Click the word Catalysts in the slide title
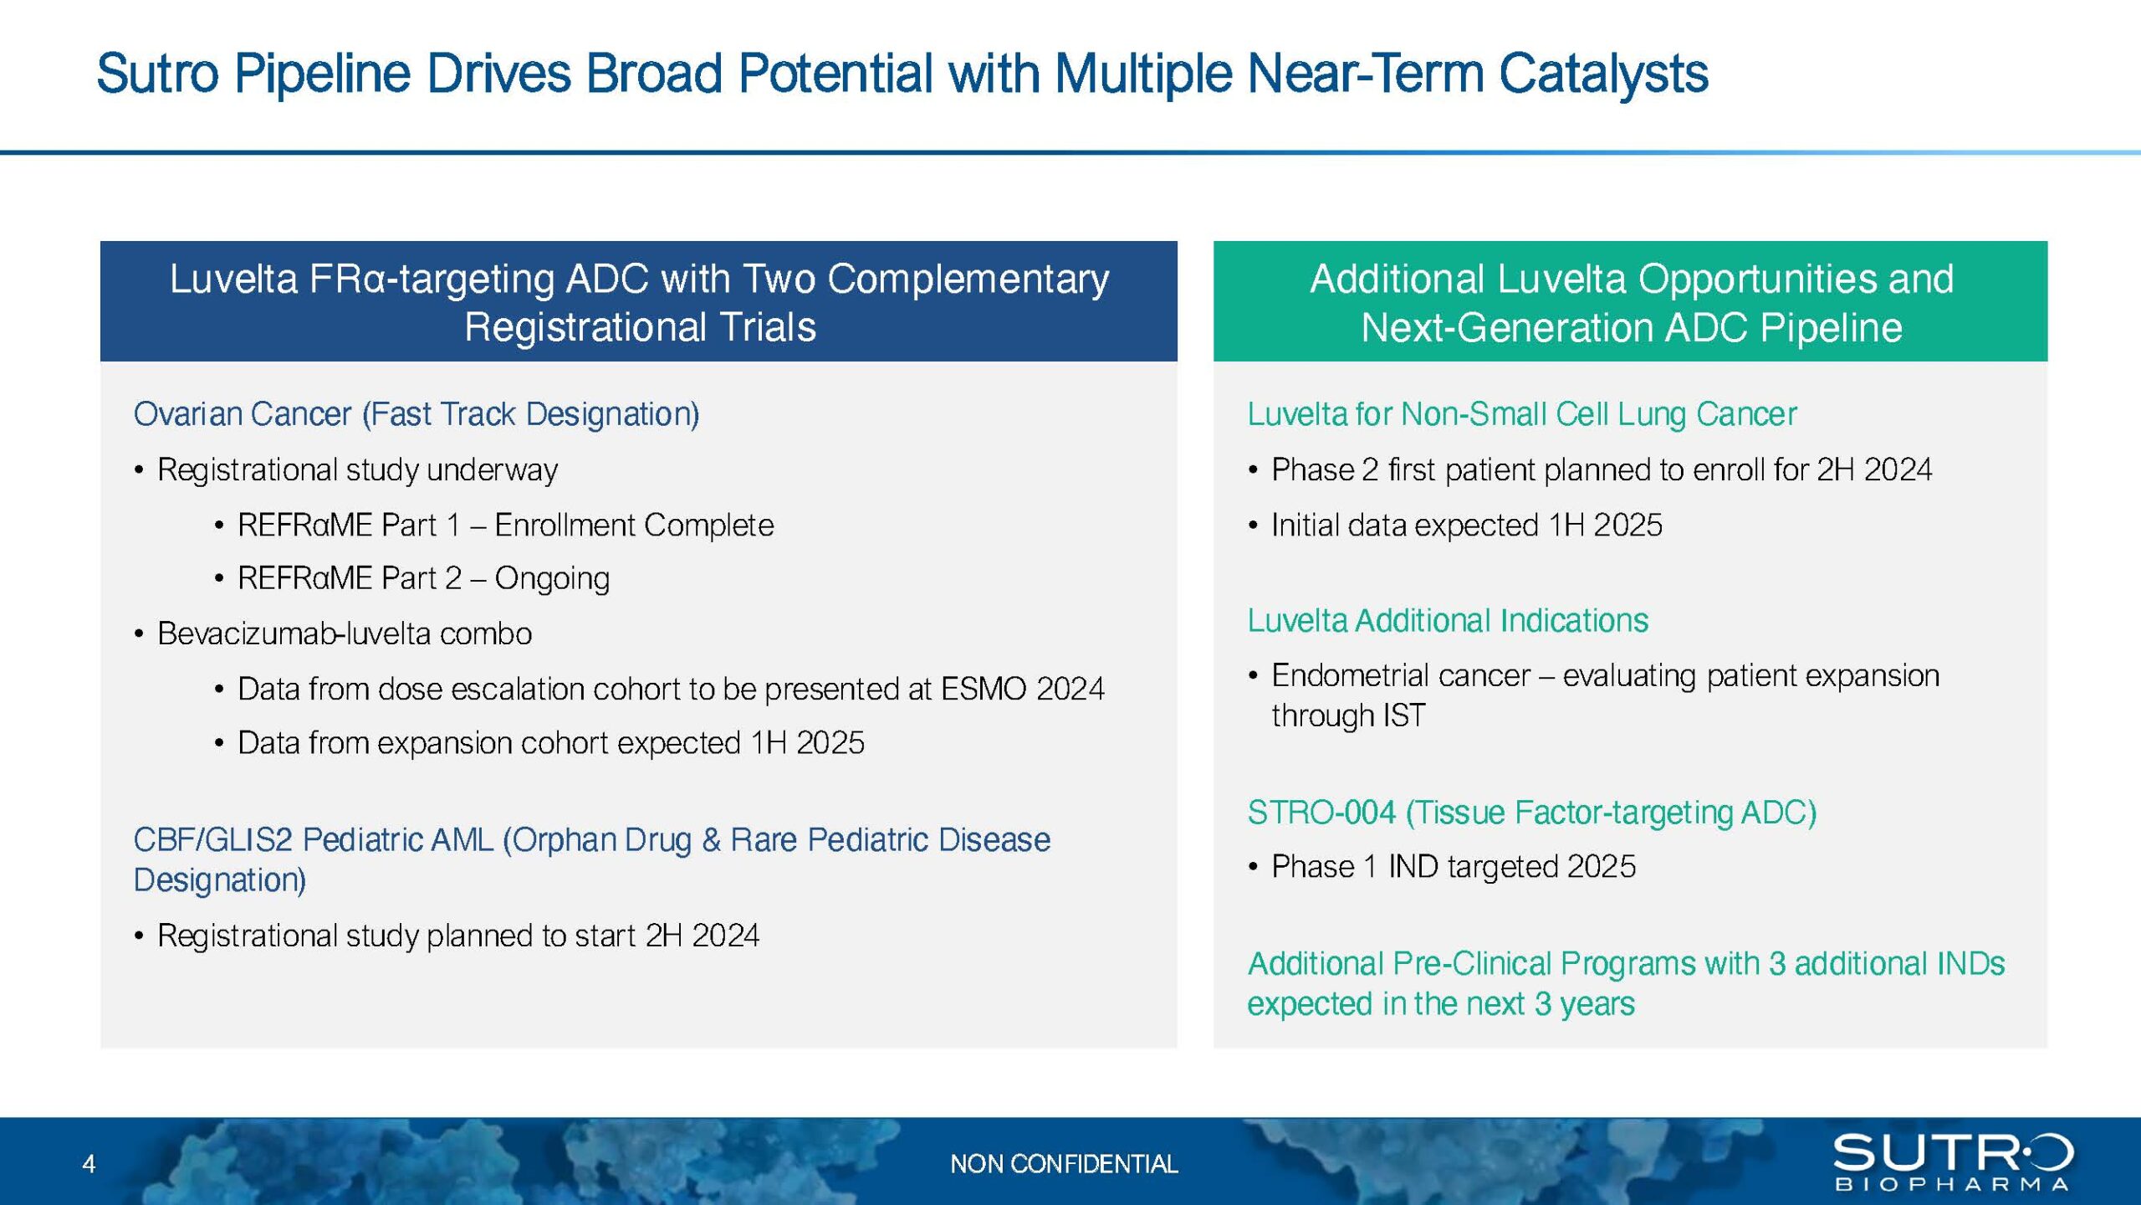(1602, 74)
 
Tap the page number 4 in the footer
(89, 1163)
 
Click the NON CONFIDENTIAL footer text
(1063, 1163)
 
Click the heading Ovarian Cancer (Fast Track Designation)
(416, 414)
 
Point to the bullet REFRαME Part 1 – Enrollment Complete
(505, 526)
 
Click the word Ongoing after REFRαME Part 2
(552, 578)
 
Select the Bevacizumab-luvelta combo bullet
(344, 633)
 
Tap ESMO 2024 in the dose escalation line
(1022, 689)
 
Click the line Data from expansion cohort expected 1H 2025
(550, 743)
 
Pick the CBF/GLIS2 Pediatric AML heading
(590, 840)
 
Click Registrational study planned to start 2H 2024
(457, 936)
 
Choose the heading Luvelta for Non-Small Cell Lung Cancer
(1521, 414)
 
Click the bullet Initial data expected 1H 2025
(1466, 526)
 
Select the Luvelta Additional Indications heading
(1447, 621)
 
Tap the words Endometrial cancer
(1400, 675)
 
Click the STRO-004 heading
(1531, 813)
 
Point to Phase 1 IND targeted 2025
(1453, 867)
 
